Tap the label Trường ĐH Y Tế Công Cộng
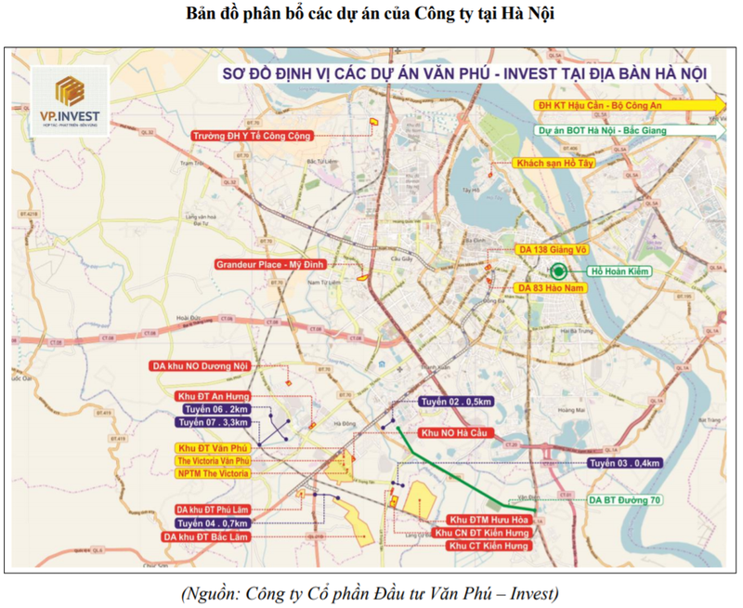[x=252, y=136]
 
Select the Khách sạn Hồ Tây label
[x=554, y=163]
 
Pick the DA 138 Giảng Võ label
[x=555, y=250]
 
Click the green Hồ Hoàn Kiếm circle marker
[x=559, y=271]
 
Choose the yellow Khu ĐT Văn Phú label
[x=213, y=448]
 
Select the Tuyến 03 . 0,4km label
[x=625, y=463]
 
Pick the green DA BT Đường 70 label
[x=626, y=499]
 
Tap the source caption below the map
[x=371, y=592]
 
